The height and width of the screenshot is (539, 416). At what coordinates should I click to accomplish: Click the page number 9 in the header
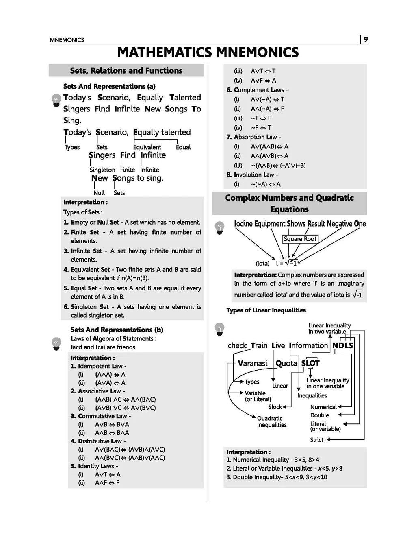coord(366,39)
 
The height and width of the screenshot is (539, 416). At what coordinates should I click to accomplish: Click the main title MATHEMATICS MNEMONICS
coord(208,52)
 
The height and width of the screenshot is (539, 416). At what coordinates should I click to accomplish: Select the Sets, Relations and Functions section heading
coord(126,71)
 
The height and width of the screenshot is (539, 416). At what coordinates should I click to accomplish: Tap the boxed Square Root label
coord(300,239)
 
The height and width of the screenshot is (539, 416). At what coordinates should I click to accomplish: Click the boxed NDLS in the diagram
coord(342,346)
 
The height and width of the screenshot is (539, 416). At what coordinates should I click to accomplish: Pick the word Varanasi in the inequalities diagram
coord(252,363)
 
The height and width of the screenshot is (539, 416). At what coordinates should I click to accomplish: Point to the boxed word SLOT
coord(310,363)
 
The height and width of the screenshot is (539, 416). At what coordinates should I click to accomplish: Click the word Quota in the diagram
coord(286,363)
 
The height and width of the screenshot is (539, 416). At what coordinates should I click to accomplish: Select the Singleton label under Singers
coord(102,170)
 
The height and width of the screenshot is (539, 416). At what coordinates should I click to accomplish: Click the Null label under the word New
coord(99,193)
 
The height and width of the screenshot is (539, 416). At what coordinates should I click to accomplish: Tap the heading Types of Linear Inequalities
coord(266,310)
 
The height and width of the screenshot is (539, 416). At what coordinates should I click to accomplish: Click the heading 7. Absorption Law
coord(253,137)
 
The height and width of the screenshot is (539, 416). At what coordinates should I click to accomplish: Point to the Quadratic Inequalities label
coord(271,421)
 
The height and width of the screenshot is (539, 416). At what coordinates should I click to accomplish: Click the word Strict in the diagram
coord(316,440)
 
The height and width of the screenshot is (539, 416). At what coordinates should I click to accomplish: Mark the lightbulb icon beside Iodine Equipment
coord(219,228)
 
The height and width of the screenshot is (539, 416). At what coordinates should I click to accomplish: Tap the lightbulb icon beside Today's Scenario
coord(56,100)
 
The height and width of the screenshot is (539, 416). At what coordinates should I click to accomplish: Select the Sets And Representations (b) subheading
coord(117,330)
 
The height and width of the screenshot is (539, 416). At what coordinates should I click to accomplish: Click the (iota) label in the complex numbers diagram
coord(262,263)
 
